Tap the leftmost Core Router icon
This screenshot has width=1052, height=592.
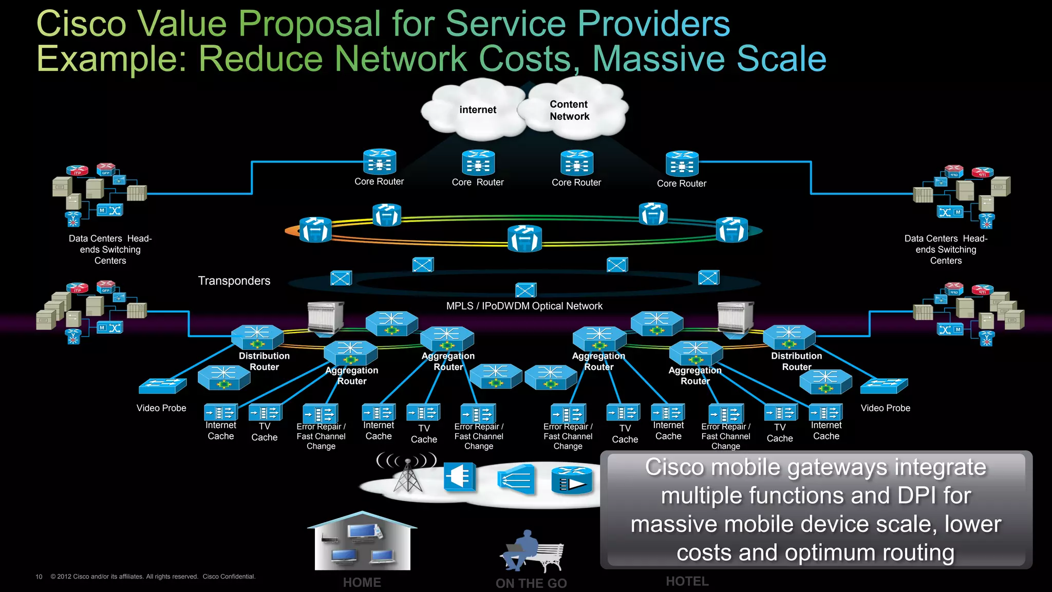pos(380,162)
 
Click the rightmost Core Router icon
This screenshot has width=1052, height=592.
pos(682,164)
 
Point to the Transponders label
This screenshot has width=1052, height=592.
pos(234,281)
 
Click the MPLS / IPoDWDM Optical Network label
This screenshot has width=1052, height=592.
pos(524,306)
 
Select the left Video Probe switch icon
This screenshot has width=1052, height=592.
pos(162,386)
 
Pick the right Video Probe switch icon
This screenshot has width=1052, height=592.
pos(884,386)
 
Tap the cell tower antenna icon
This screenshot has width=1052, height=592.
pos(407,473)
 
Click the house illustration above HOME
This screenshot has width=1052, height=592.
pos(363,542)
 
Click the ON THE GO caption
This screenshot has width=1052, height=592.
pos(531,583)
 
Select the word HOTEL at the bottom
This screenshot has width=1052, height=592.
pos(687,581)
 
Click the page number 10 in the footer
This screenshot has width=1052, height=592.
pos(39,577)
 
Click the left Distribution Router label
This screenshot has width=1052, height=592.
pos(264,361)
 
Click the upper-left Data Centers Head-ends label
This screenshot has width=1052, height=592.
pos(110,249)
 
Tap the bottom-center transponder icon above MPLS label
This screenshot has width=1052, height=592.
pos(525,290)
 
